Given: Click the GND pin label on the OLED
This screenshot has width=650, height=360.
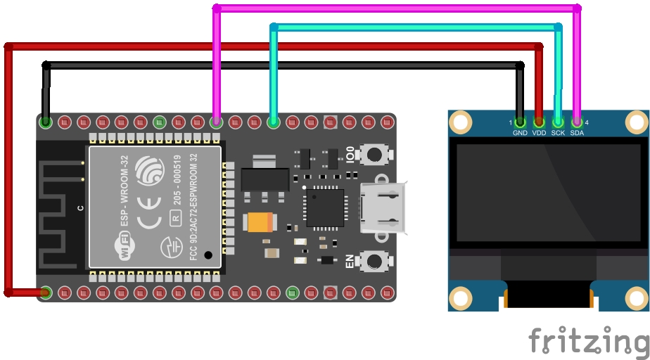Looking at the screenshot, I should [520, 133].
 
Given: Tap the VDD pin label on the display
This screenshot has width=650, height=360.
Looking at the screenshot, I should [539, 133].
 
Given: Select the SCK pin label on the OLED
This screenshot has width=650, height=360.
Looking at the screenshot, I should [558, 133].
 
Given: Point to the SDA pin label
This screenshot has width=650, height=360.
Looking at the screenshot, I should [577, 133].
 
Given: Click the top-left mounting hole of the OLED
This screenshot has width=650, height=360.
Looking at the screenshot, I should [460, 123].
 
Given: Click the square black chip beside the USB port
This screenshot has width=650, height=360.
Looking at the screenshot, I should [324, 207].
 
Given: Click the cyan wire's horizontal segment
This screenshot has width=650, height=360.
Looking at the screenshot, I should [415, 27].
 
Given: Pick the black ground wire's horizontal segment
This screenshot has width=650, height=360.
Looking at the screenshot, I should [281, 65].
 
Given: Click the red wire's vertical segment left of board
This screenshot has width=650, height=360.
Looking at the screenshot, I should [8, 169].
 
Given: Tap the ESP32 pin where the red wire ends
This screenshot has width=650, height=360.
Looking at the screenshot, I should [46, 292].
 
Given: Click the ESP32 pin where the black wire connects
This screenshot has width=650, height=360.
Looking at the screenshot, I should [46, 122].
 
